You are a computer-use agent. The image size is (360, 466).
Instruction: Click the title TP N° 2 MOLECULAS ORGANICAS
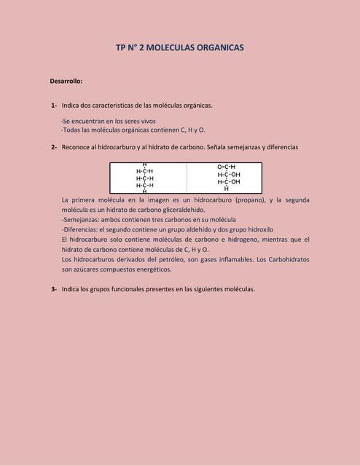(x=179, y=47)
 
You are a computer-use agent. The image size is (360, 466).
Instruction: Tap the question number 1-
(x=55, y=106)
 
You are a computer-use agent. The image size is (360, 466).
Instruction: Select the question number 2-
(x=55, y=147)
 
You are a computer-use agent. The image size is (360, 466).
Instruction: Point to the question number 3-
(x=55, y=289)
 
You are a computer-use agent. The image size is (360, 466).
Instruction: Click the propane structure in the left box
(x=144, y=178)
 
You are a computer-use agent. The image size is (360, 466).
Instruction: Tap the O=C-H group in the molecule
(x=226, y=167)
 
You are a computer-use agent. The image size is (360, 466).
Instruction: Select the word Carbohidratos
(x=283, y=259)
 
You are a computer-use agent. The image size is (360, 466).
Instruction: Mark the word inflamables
(x=229, y=259)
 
